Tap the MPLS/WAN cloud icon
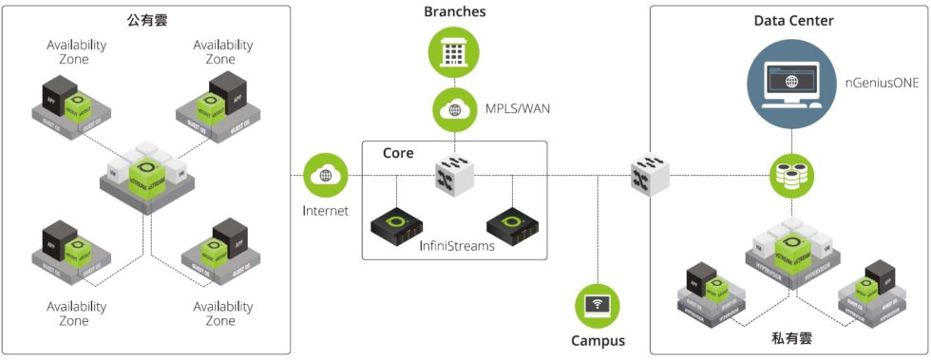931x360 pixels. [453, 109]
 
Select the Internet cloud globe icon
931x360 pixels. [326, 176]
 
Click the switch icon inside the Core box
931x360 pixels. [453, 175]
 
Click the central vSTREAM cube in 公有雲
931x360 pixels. [148, 171]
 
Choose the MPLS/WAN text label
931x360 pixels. [517, 109]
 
